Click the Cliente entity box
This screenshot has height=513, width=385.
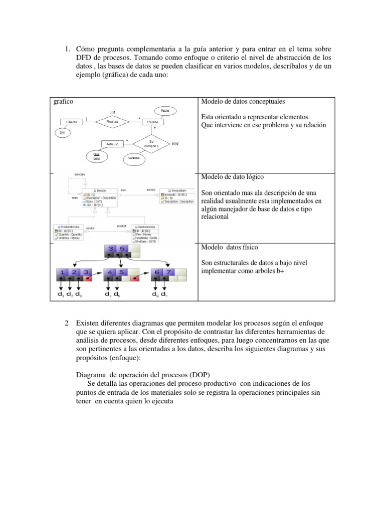click(x=72, y=121)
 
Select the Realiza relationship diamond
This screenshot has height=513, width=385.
click(x=111, y=121)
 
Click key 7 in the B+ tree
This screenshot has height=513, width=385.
click(x=169, y=272)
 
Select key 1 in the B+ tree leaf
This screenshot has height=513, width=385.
click(x=62, y=272)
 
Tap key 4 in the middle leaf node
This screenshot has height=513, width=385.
click(x=110, y=272)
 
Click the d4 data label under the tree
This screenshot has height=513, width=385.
click(x=108, y=295)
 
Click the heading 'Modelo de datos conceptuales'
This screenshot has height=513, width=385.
click(x=243, y=102)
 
